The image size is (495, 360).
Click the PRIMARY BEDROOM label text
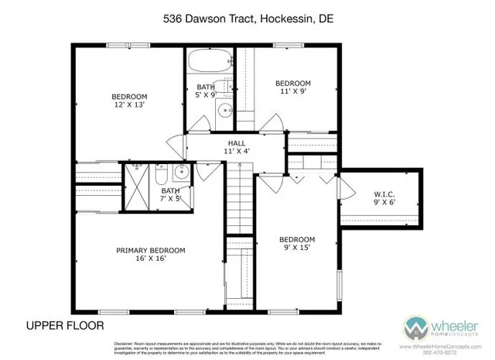click(x=151, y=250)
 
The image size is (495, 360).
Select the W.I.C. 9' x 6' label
click(x=384, y=197)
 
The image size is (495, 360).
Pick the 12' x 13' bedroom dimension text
click(x=128, y=104)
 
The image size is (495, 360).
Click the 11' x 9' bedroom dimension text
click(x=294, y=91)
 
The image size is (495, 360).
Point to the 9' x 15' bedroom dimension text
click(x=297, y=248)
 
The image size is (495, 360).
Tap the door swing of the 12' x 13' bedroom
click(x=174, y=145)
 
